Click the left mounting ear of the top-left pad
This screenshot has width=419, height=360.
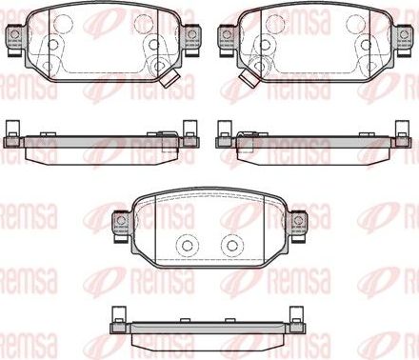[15, 37]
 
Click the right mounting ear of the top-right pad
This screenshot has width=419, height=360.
[403, 37]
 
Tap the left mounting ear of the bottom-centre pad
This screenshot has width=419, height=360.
[122, 221]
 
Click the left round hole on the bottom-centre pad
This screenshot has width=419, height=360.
[180, 245]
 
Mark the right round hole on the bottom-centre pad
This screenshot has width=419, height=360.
[229, 245]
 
